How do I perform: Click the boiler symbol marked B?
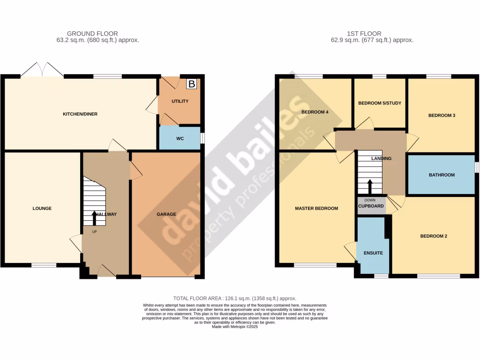point(191,84)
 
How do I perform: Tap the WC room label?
point(180,139)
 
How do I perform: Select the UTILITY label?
point(180,101)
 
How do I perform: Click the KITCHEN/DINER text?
point(80,114)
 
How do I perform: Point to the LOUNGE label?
point(42,209)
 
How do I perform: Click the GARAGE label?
point(166,214)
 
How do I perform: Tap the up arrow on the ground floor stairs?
point(94,218)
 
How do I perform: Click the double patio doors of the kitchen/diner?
point(42,72)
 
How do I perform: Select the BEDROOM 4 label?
point(315,112)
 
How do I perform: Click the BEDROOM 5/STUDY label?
point(380,103)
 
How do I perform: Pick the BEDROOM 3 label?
point(442,115)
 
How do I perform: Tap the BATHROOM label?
point(442,175)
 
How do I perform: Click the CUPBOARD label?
point(371,206)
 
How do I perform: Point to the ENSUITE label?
point(373,253)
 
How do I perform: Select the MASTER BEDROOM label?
point(316,209)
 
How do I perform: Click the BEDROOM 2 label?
point(434,236)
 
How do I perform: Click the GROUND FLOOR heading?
point(92,33)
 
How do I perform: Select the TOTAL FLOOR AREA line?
point(235,298)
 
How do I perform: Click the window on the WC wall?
point(202,138)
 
